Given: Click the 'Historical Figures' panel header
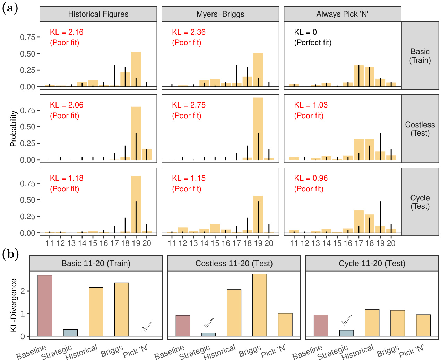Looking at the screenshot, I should tap(98, 14).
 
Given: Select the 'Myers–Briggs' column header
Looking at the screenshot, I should tap(220, 14).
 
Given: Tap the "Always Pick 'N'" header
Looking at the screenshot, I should tap(342, 14).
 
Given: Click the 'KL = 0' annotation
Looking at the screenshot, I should tap(305, 32).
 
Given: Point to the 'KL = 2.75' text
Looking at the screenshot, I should tap(189, 105).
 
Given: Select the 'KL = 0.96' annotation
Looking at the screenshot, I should tap(311, 178).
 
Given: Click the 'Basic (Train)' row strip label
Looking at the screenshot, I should tap(420, 56).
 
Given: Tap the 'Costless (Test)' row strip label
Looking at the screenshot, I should tap(420, 129).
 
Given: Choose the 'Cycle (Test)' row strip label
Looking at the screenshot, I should tap(420, 202).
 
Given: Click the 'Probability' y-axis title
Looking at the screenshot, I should tap(13, 129).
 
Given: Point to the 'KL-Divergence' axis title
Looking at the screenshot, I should tap(14, 305).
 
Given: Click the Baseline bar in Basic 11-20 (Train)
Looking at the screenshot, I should tap(45, 306).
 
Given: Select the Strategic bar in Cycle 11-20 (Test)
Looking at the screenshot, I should tap(346, 333).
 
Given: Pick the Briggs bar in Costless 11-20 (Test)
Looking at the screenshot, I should tap(260, 305).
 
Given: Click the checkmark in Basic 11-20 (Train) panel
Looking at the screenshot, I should tap(147, 326).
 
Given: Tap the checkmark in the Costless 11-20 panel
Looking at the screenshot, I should tap(208, 323).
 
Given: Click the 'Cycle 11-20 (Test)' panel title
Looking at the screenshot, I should tap(372, 263).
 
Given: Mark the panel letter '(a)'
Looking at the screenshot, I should tap(10, 8).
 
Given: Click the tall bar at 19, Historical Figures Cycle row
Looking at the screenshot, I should tap(136, 204).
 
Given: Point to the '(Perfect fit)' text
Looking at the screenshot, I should tap(313, 43).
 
